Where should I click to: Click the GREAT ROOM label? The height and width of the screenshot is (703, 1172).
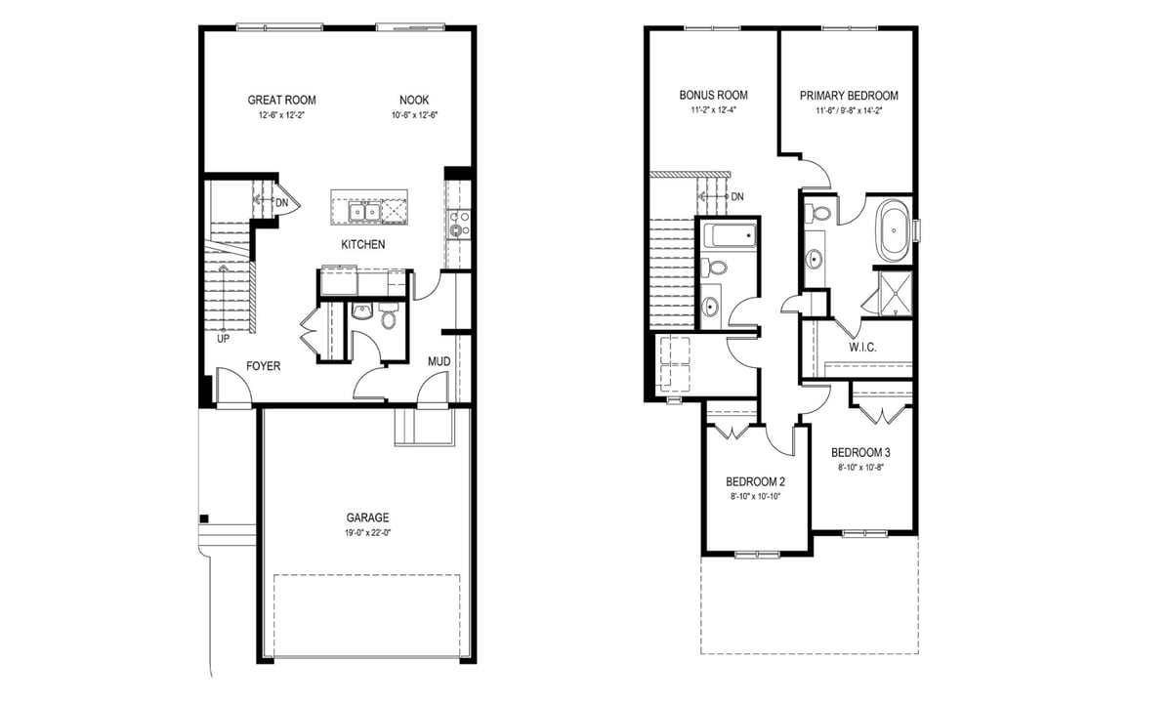click(x=281, y=100)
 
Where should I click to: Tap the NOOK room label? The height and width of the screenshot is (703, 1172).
click(x=414, y=100)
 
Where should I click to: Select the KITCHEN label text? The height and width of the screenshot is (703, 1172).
click(x=363, y=244)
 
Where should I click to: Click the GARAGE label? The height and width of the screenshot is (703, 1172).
click(x=367, y=517)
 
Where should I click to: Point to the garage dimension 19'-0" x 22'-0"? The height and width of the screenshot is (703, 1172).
click(x=368, y=533)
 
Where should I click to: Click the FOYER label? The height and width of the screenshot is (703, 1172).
click(x=263, y=366)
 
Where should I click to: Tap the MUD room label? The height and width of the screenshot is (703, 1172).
click(x=439, y=361)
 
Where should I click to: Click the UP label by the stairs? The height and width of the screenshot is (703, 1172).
click(x=223, y=339)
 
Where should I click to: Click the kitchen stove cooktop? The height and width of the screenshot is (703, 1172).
click(x=458, y=224)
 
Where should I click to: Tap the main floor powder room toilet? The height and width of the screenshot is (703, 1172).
click(x=389, y=316)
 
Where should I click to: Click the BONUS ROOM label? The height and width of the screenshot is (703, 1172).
click(x=713, y=96)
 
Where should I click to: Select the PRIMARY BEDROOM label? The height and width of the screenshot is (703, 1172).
click(x=849, y=96)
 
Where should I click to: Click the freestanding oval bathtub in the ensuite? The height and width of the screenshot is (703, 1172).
click(x=894, y=230)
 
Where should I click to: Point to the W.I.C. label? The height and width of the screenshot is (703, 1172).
click(x=862, y=348)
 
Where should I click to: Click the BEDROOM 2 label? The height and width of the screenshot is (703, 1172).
click(x=755, y=481)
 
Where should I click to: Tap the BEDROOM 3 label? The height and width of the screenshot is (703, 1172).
click(x=860, y=452)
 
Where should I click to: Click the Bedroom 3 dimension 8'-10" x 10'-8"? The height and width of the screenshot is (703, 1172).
click(x=860, y=468)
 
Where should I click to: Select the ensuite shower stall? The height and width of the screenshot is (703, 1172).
click(x=896, y=294)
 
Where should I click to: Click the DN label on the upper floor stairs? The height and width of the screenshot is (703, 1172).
click(x=737, y=197)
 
